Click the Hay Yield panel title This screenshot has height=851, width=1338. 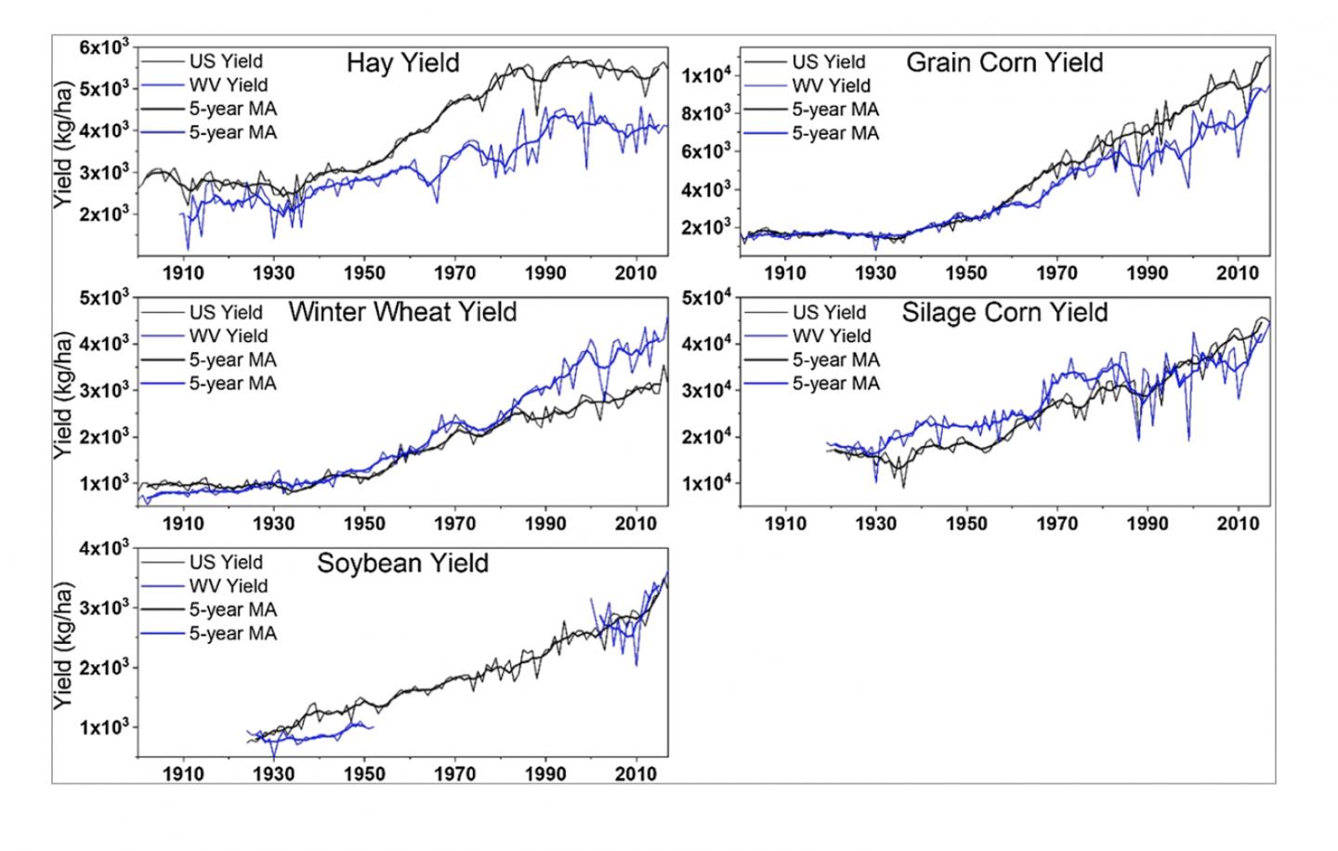(x=402, y=63)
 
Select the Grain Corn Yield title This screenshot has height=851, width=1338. (x=1004, y=63)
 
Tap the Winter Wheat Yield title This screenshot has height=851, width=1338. (x=402, y=311)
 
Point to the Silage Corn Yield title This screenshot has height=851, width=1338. (x=1004, y=311)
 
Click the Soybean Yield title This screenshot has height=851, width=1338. (x=402, y=563)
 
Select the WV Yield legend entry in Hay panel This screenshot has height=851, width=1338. (x=228, y=85)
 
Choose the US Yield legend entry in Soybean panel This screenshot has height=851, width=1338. (x=226, y=562)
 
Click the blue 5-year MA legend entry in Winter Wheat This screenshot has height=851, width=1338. (x=232, y=383)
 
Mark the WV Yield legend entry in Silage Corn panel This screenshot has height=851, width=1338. (x=831, y=335)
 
